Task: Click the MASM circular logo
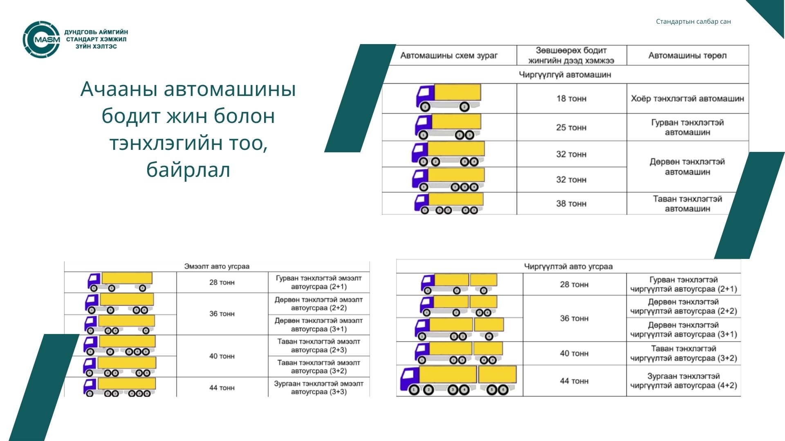click(x=41, y=40)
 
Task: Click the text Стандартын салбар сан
click(x=693, y=22)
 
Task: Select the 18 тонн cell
click(x=572, y=98)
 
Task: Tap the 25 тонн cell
click(x=572, y=127)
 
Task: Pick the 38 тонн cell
click(x=572, y=203)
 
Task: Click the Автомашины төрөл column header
click(x=687, y=56)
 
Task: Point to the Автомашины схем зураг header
click(x=449, y=56)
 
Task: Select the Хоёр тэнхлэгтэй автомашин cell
click(x=687, y=98)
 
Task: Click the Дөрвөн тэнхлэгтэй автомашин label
click(x=687, y=167)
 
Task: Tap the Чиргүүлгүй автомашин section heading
click(x=565, y=75)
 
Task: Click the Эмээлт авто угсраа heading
click(x=217, y=266)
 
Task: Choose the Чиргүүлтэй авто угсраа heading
click(x=568, y=266)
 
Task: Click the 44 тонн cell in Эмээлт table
click(x=222, y=388)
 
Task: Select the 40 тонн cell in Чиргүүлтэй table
click(x=574, y=353)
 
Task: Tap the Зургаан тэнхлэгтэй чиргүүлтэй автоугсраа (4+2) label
click(x=684, y=381)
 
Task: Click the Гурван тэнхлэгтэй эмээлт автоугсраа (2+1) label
click(x=319, y=282)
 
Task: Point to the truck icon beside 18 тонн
click(x=449, y=98)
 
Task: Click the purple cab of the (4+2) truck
click(x=410, y=379)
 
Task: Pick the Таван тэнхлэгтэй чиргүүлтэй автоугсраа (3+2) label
click(x=684, y=353)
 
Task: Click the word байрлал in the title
click(x=188, y=169)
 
